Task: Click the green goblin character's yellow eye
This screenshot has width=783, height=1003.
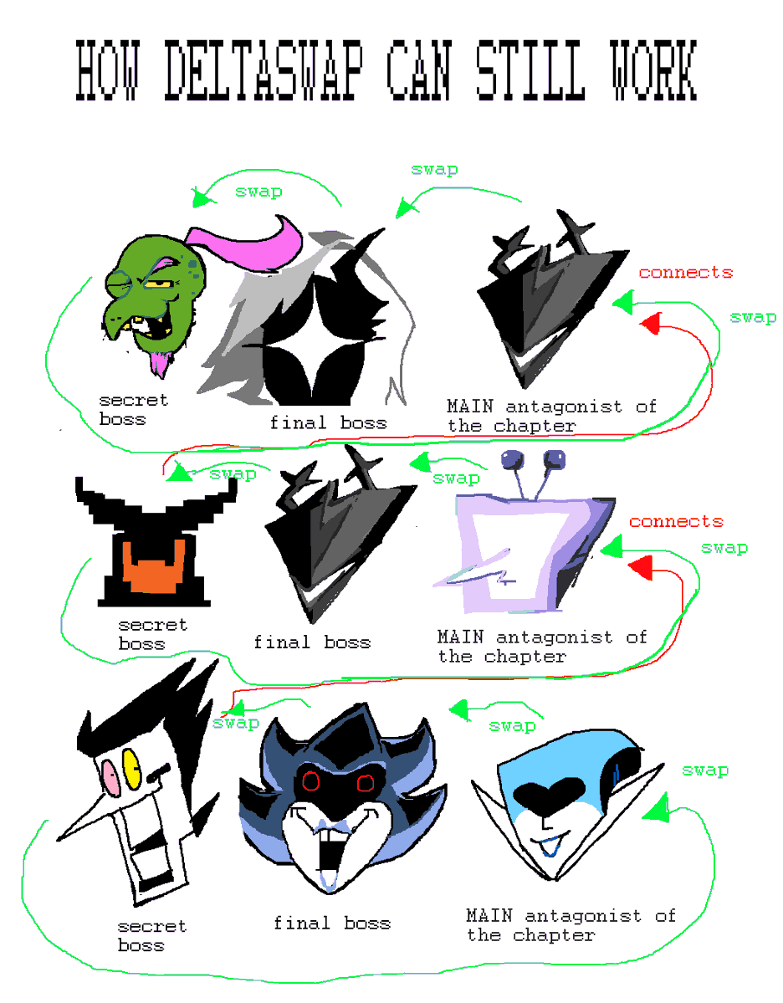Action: click(156, 284)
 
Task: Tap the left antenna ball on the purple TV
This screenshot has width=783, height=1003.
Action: click(510, 459)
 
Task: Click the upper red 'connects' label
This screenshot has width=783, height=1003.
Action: click(685, 273)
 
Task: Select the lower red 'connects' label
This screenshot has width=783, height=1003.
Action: click(676, 522)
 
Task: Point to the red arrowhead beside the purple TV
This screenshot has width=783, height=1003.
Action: click(639, 570)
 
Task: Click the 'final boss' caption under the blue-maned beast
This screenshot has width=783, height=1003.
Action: click(331, 924)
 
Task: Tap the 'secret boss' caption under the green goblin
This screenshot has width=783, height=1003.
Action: click(133, 410)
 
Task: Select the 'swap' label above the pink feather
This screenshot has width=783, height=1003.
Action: click(258, 192)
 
